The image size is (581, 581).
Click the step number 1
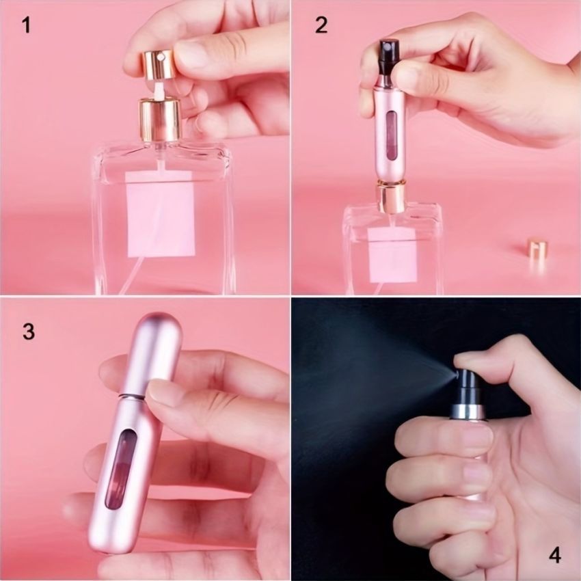point(26,26)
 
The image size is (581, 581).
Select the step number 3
point(28,332)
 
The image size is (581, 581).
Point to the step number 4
point(555,554)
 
